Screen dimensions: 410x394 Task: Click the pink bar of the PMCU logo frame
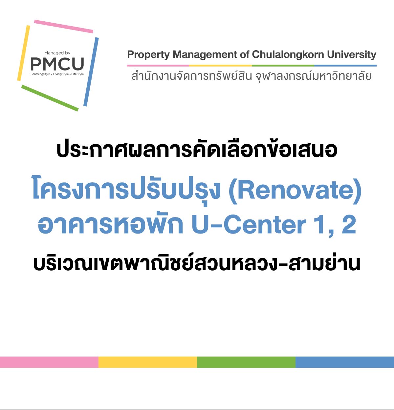click(x=64, y=26)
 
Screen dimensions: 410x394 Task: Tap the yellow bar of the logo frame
click(x=24, y=52)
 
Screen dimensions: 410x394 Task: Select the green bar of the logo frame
click(x=50, y=98)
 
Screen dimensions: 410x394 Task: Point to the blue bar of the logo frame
click(x=91, y=72)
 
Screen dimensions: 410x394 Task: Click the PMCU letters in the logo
click(x=57, y=64)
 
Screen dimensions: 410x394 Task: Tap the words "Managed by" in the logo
click(x=57, y=53)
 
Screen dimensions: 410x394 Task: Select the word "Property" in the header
click(x=148, y=55)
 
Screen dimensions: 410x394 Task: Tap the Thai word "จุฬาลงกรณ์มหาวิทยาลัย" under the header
click(x=313, y=76)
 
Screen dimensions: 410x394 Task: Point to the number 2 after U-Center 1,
click(x=349, y=225)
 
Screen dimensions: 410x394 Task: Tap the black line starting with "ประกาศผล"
click(x=197, y=150)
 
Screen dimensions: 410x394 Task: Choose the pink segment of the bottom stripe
click(x=49, y=362)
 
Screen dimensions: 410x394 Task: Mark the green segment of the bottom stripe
click(x=246, y=362)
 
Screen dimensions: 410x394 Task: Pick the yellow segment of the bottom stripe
click(x=148, y=362)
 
